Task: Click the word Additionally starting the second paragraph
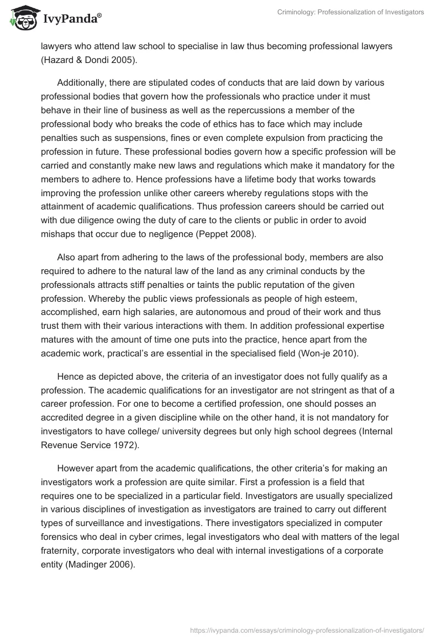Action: [x=83, y=82]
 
